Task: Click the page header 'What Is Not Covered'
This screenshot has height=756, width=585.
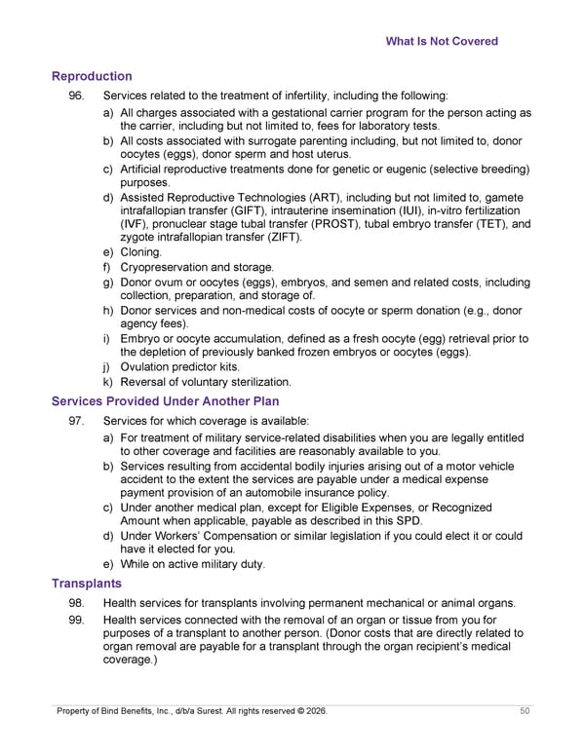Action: [x=442, y=41]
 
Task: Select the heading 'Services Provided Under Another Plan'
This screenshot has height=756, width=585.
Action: [x=166, y=401]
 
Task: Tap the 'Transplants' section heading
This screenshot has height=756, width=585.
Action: [x=87, y=583]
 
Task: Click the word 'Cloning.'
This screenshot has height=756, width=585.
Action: [x=141, y=252]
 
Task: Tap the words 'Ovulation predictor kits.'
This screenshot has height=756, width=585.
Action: [x=179, y=367]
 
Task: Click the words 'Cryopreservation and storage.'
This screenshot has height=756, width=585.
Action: [x=197, y=267]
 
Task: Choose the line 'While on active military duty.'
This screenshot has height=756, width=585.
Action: [x=192, y=564]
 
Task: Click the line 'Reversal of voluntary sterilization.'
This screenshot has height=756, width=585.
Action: [x=206, y=382]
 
